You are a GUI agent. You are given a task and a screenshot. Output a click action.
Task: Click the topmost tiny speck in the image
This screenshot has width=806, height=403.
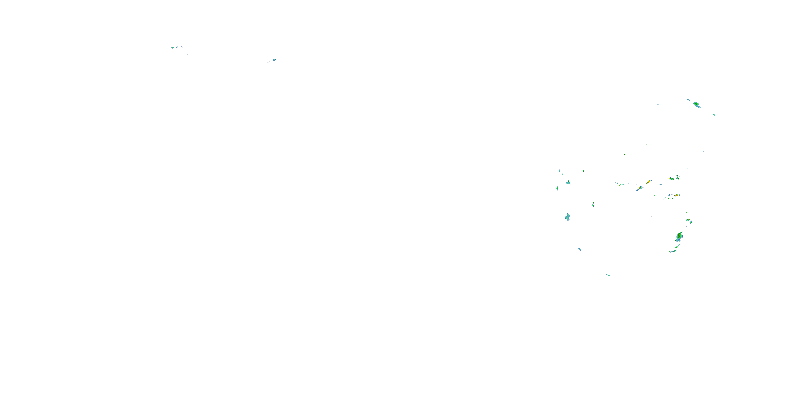(x=222, y=19)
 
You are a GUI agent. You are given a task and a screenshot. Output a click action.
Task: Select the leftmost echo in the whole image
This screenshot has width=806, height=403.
(x=173, y=48)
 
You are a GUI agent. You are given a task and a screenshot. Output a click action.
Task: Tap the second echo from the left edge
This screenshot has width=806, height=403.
(x=177, y=47)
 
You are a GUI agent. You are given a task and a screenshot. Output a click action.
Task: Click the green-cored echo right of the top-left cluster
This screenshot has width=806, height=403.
(x=274, y=59)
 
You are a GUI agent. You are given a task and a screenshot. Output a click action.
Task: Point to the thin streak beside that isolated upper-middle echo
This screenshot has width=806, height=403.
(x=268, y=62)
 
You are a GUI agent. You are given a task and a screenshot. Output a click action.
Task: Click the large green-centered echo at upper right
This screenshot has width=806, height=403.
(x=696, y=104)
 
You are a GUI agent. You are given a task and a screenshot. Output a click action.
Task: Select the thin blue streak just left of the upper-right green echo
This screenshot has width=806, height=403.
(x=688, y=100)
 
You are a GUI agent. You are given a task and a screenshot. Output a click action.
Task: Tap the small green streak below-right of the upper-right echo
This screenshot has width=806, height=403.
(x=714, y=115)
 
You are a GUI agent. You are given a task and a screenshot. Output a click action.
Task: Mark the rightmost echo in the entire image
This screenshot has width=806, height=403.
(x=714, y=115)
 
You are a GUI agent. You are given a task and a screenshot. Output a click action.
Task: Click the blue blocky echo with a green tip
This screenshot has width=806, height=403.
(x=568, y=182)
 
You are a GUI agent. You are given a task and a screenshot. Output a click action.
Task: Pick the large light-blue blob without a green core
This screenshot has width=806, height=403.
(x=567, y=217)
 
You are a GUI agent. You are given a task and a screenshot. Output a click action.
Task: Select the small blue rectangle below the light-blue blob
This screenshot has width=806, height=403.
(x=580, y=249)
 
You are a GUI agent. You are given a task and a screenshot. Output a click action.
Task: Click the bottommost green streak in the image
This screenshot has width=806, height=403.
(x=608, y=275)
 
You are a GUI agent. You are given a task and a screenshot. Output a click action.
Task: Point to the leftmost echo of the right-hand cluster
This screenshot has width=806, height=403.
(x=557, y=188)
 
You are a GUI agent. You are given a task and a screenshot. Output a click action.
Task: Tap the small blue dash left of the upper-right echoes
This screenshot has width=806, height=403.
(x=658, y=105)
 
